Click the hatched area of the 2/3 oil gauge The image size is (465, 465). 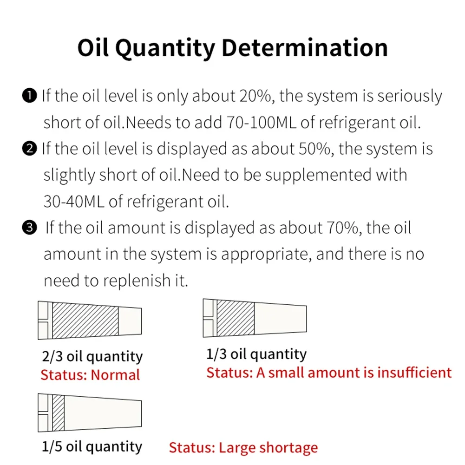(x=85, y=320)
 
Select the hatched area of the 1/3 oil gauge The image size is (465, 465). (x=236, y=318)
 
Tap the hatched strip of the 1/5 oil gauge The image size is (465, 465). (x=59, y=413)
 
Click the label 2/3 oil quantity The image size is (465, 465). (x=92, y=357)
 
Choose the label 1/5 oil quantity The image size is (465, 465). (x=92, y=446)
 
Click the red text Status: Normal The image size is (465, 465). (x=90, y=374)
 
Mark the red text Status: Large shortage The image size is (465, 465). (x=243, y=448)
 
